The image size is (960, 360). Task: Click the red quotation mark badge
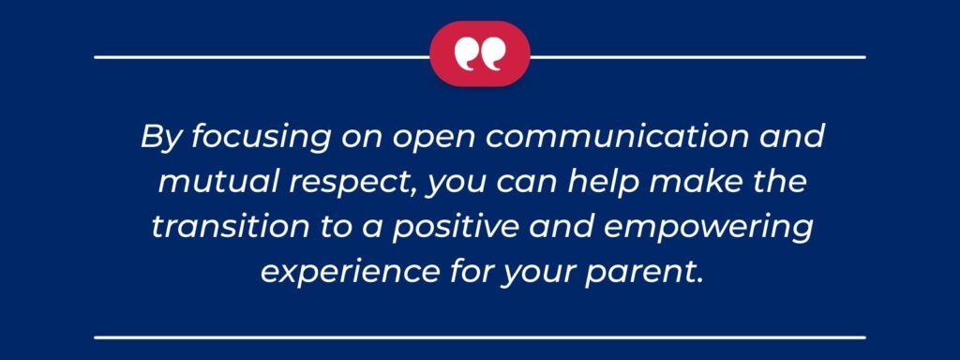click(x=479, y=54)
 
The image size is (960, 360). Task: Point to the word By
click(x=157, y=138)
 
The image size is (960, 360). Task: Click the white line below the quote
click(x=479, y=335)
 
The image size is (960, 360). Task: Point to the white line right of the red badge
click(x=697, y=57)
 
